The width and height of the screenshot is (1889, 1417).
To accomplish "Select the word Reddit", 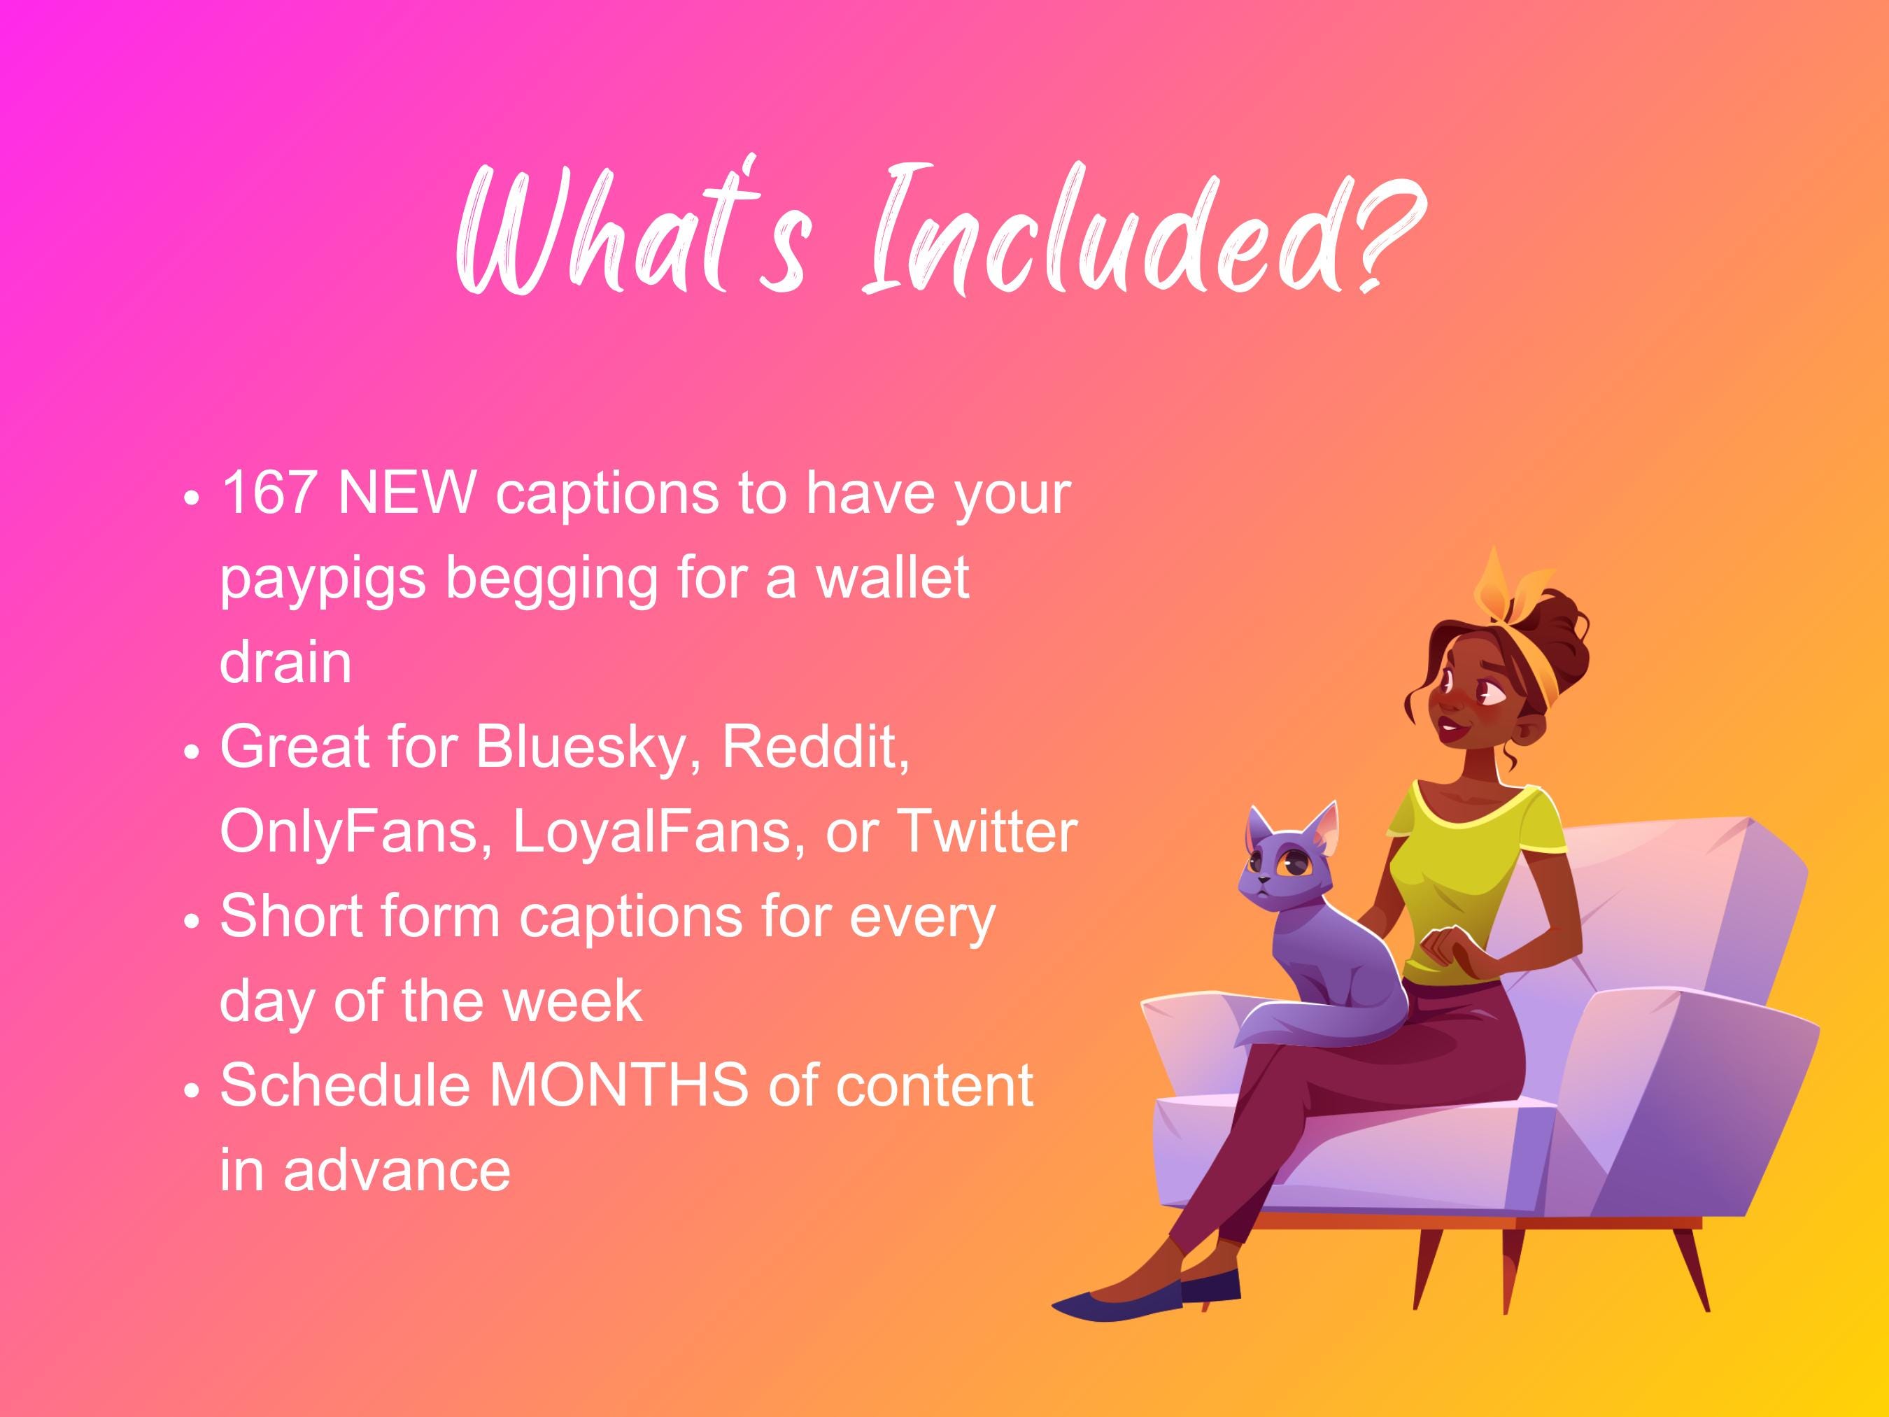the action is coord(816,747).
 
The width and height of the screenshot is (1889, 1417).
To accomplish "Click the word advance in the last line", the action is coord(397,1169).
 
